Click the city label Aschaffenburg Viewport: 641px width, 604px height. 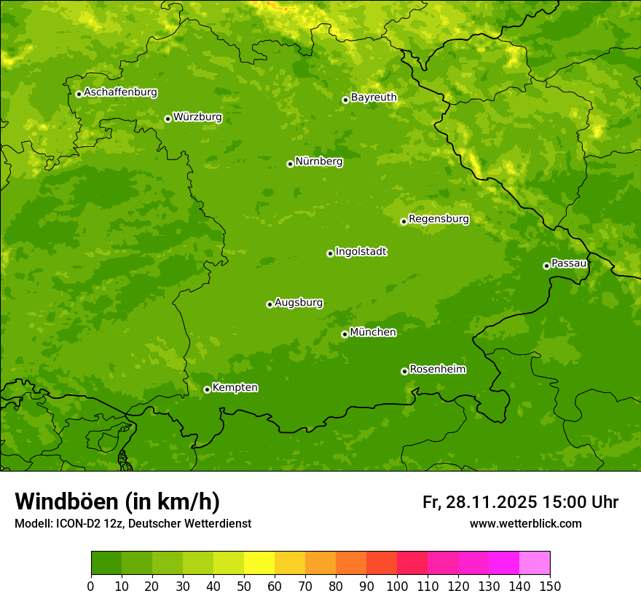pos(120,92)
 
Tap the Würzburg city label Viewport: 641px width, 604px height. pos(197,117)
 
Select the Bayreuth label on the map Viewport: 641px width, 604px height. pos(374,98)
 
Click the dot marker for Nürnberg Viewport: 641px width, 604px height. pos(290,164)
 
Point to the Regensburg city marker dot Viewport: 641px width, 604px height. pos(404,221)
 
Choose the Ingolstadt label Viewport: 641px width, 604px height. pos(361,252)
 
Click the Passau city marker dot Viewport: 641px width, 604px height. pos(546,266)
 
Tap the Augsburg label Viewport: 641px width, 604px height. pos(299,303)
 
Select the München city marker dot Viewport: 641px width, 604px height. pos(345,335)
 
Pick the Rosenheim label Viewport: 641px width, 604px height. pos(437,370)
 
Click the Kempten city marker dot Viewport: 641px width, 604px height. pos(207,389)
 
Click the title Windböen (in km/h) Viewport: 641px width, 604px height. pos(117,501)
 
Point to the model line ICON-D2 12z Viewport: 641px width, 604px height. pos(133,524)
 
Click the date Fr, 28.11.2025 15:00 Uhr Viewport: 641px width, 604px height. pos(520,502)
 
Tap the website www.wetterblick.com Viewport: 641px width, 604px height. pos(525,524)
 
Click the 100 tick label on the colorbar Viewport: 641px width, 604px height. pos(397,587)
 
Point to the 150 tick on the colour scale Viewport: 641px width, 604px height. pos(550,587)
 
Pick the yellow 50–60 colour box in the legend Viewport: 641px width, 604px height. pos(259,563)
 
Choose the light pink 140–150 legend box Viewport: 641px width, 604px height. pos(535,563)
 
